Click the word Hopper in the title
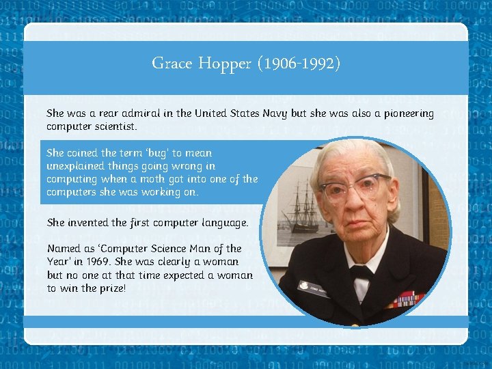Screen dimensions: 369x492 225,64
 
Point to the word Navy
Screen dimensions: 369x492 275,113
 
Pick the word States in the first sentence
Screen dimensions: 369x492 241,113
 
